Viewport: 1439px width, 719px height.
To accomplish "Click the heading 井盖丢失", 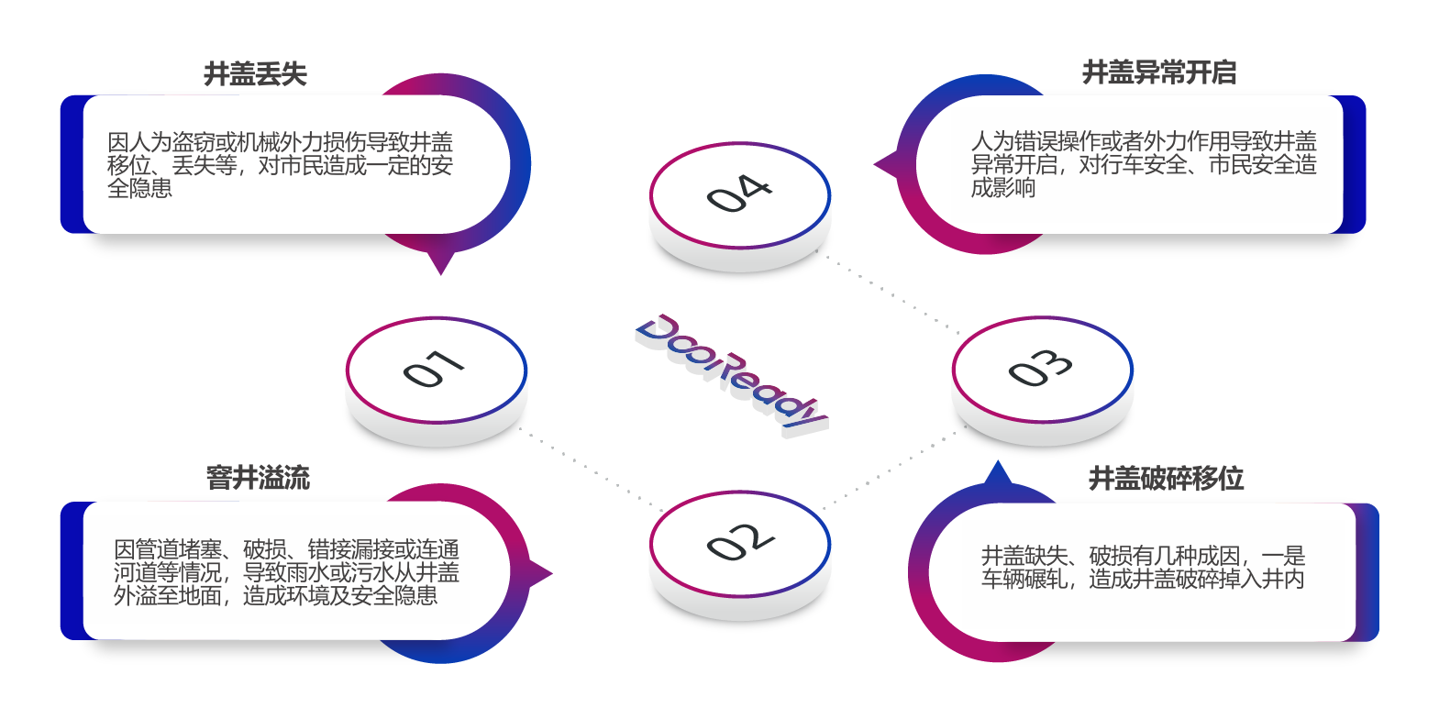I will [x=255, y=74].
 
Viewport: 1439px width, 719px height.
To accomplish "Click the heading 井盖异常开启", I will [x=1159, y=72].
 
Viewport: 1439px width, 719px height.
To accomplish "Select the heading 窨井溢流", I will [x=258, y=478].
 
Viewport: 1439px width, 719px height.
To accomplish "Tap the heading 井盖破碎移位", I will [x=1166, y=479].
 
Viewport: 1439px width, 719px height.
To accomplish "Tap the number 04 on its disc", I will [x=739, y=193].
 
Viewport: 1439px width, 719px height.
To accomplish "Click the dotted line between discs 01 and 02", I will [x=592, y=469].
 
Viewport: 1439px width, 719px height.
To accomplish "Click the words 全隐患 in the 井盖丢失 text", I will [x=139, y=188].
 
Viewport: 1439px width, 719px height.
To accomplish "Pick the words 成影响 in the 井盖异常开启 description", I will [x=1003, y=188].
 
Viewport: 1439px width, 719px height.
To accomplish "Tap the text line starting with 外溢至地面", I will [x=275, y=596].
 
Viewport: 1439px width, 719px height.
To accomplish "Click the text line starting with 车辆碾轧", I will [x=1142, y=580].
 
